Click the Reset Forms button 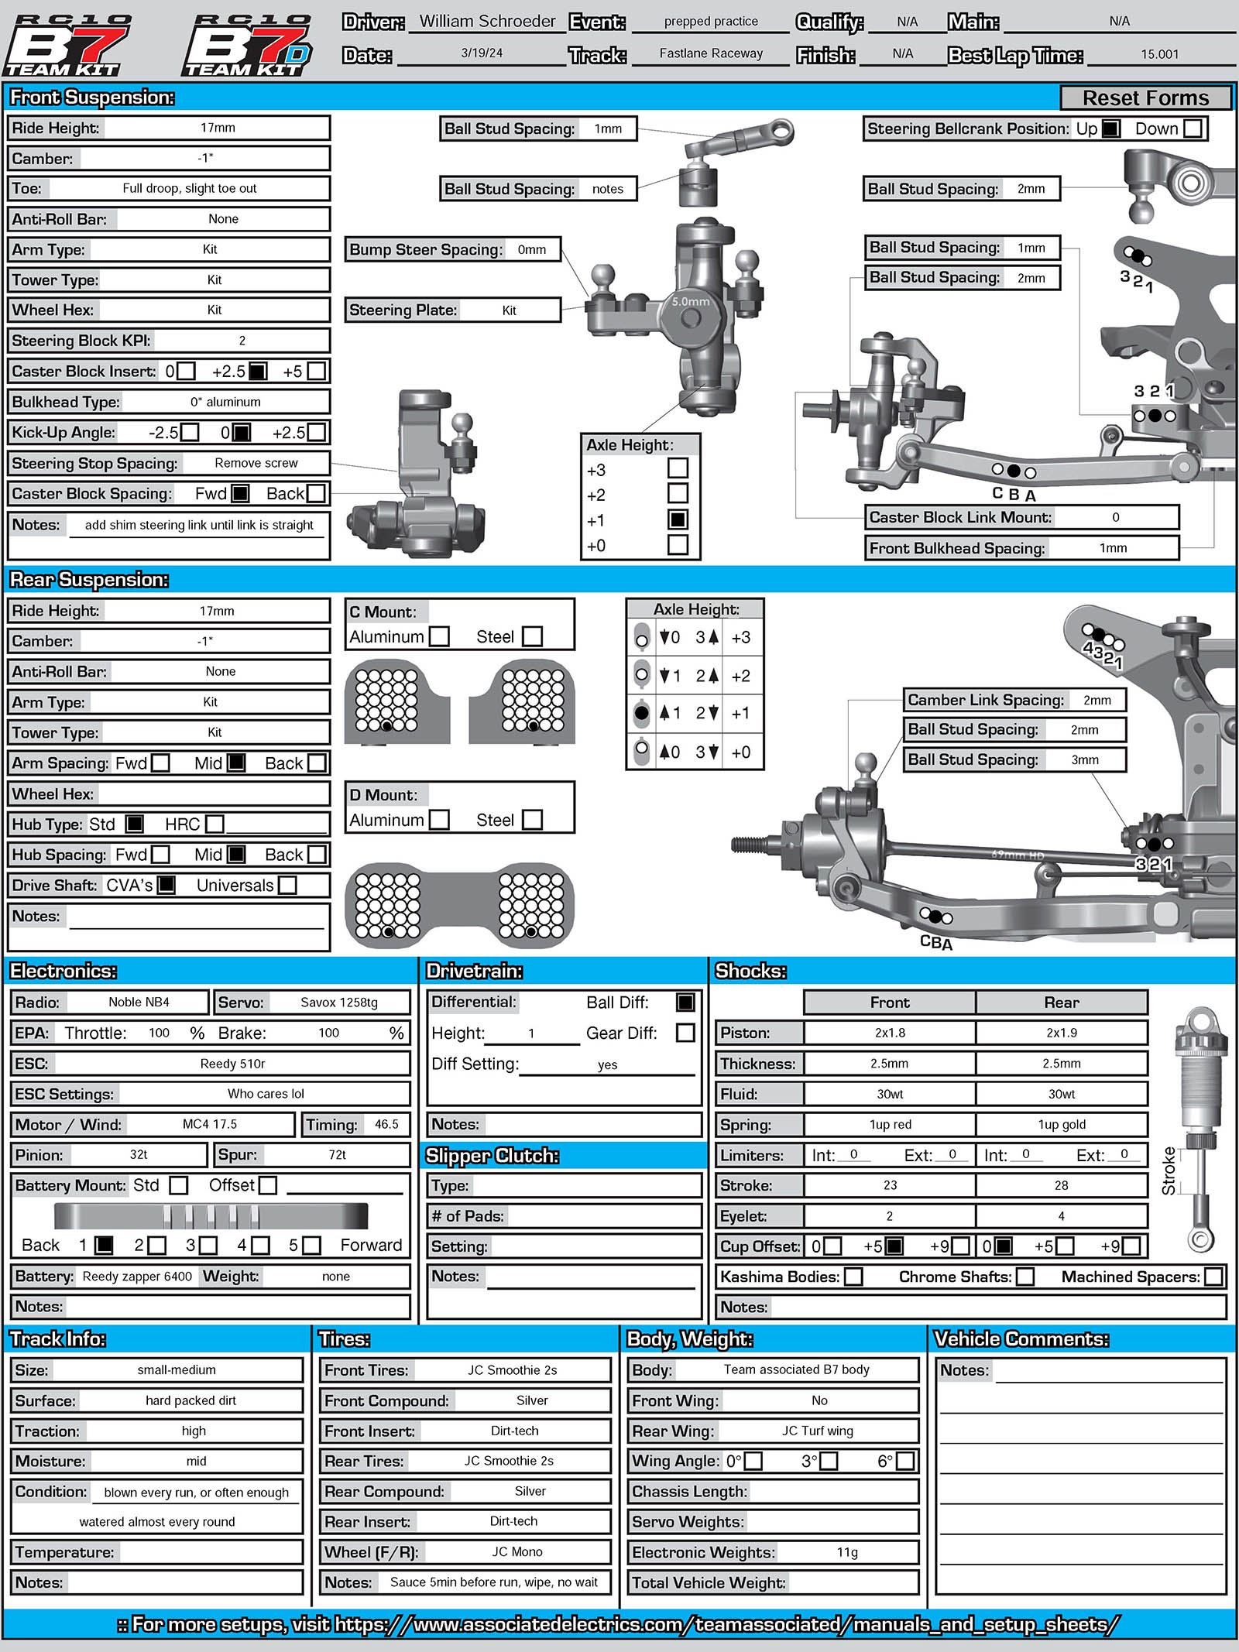1145,98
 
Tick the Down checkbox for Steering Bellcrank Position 1193,129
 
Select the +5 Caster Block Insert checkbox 316,372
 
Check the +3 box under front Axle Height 678,468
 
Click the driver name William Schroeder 487,22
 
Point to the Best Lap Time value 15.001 1159,54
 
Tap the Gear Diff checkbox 685,1033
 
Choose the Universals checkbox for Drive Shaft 287,885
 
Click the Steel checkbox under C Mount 532,636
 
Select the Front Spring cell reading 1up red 890,1124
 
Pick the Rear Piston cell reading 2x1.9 1061,1033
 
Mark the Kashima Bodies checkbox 853,1277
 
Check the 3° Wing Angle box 829,1461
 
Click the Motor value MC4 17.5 210,1124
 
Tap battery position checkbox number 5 311,1245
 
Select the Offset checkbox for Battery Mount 267,1185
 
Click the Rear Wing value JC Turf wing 817,1431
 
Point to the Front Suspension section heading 92,98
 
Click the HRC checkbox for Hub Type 215,824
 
